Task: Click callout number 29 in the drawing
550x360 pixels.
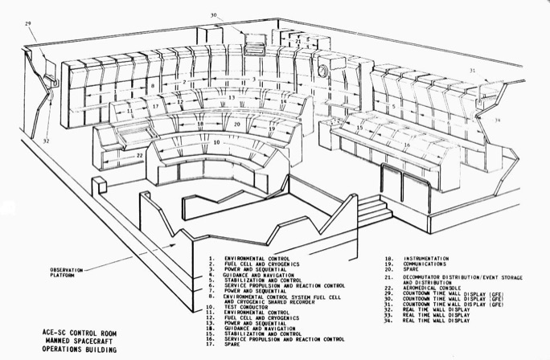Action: pyautogui.click(x=28, y=25)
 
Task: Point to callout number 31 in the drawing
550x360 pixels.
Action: pyautogui.click(x=474, y=71)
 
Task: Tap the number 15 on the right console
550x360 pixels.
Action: pyautogui.click(x=359, y=128)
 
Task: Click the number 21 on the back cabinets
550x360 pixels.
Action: pyautogui.click(x=298, y=40)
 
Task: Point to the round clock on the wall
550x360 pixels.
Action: pyautogui.click(x=323, y=72)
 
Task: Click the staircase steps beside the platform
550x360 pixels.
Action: pyautogui.click(x=373, y=211)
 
